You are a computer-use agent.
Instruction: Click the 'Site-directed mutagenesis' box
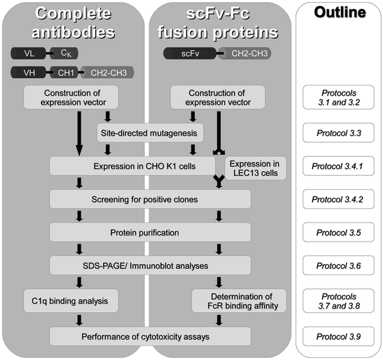[149, 133]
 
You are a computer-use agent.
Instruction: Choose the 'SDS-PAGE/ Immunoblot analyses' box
[149, 264]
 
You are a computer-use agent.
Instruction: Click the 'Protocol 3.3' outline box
[334, 133]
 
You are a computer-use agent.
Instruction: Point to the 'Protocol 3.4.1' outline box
[334, 166]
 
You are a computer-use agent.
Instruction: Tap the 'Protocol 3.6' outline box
[334, 264]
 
